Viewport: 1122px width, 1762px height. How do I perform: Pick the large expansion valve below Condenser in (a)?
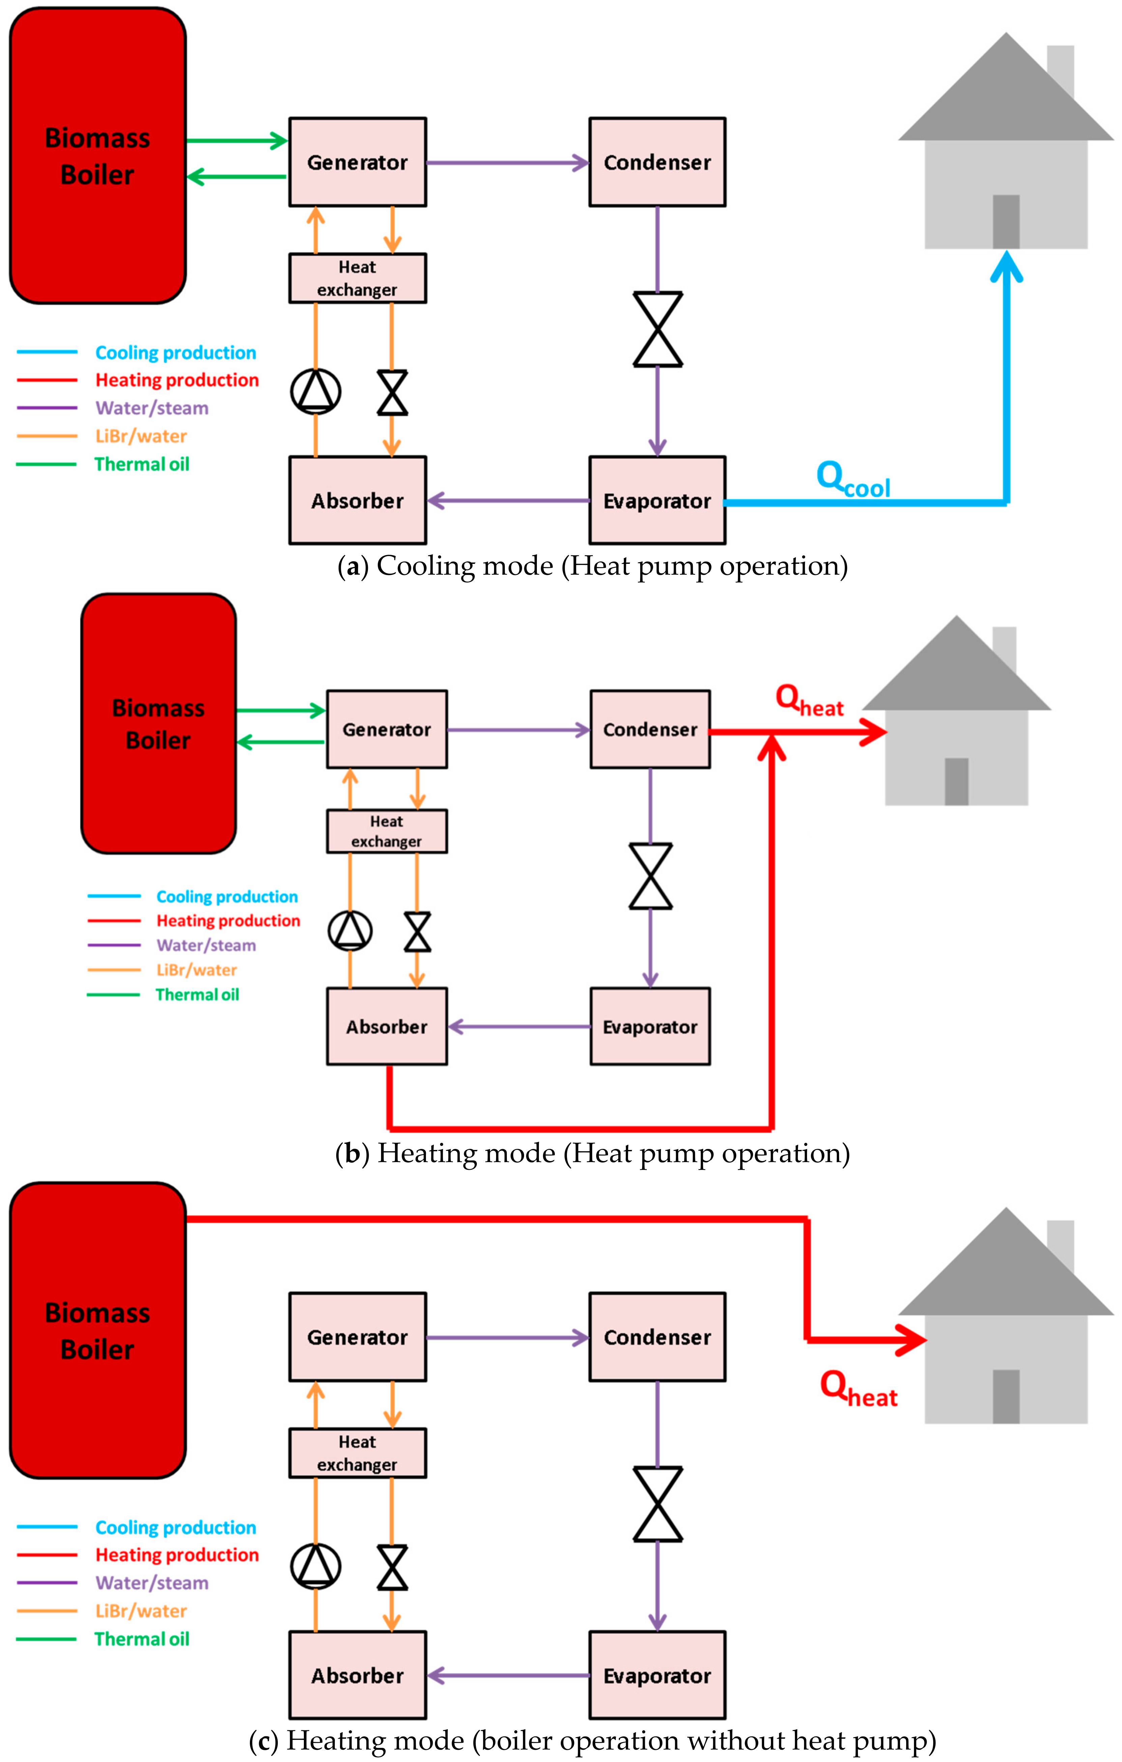click(x=657, y=329)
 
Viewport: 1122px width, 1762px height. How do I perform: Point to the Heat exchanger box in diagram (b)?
click(x=386, y=831)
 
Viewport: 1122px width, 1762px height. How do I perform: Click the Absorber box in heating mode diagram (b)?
click(x=386, y=1027)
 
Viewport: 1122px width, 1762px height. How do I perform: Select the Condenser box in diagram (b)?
click(x=650, y=729)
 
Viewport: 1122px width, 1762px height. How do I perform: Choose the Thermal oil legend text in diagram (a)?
click(x=142, y=464)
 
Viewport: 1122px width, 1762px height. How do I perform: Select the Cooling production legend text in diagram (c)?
click(x=176, y=1528)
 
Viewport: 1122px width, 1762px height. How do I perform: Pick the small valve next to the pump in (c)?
click(x=392, y=1568)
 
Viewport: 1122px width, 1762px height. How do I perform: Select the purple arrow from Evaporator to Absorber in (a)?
click(x=507, y=500)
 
